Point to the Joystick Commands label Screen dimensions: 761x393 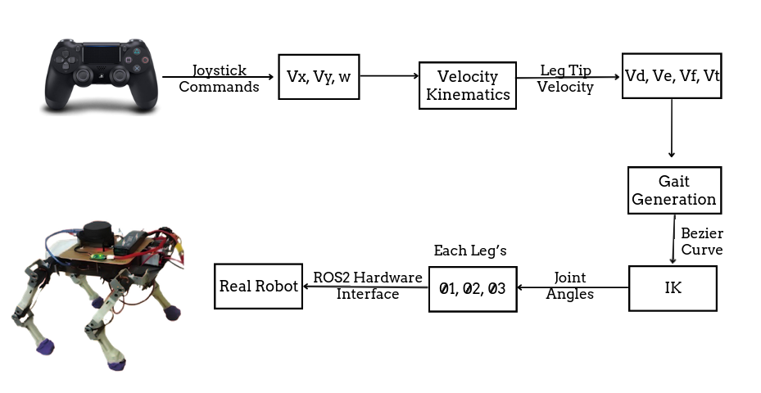coord(219,79)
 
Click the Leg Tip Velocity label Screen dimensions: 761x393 coord(565,79)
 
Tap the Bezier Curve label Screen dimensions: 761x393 coord(702,242)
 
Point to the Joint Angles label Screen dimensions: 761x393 coord(570,286)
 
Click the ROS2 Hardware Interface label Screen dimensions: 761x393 coord(368,285)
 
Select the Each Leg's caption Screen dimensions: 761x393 coord(470,251)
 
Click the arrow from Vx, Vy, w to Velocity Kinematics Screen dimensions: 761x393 coord(389,75)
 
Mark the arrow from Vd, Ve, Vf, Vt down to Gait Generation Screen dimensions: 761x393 coord(672,128)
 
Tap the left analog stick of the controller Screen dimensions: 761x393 coord(84,75)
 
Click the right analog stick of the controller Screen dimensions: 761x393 coord(119,75)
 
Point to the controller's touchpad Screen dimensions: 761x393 coord(102,53)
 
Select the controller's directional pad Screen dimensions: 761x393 coord(66,60)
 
